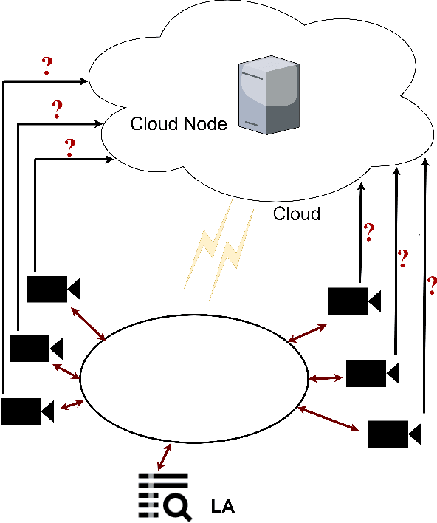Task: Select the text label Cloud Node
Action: (178, 124)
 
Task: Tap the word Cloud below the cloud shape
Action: (297, 214)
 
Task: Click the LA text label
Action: (223, 507)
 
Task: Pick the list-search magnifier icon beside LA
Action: (165, 495)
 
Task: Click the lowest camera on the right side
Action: (394, 433)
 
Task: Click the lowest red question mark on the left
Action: (70, 148)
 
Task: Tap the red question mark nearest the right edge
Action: (432, 285)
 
